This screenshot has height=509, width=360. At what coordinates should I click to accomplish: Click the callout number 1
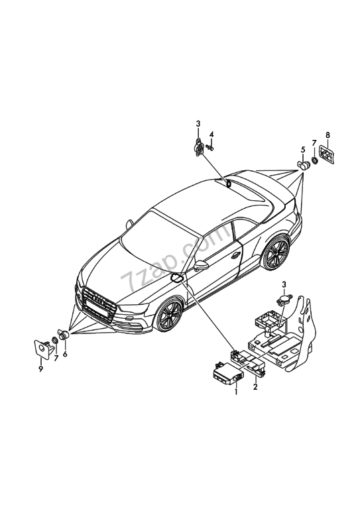[236, 392]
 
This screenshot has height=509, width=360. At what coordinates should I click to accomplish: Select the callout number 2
[255, 386]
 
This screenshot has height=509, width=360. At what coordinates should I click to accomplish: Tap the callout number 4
[211, 135]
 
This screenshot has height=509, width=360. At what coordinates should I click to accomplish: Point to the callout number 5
[303, 150]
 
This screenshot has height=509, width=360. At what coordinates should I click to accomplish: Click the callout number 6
[65, 354]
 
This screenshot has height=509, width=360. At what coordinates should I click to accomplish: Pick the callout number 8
[328, 135]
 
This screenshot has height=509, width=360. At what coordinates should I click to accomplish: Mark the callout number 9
[41, 369]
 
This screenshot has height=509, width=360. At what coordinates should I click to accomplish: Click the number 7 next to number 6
[56, 358]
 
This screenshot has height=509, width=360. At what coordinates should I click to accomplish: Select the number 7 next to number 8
[314, 143]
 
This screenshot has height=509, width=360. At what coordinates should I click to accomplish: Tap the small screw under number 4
[211, 148]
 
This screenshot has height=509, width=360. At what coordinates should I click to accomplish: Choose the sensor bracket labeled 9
[42, 349]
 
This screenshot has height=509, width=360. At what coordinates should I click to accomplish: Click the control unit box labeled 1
[227, 374]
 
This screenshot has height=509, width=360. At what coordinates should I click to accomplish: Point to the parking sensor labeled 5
[304, 165]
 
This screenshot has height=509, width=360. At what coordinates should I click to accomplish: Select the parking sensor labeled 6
[63, 334]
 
